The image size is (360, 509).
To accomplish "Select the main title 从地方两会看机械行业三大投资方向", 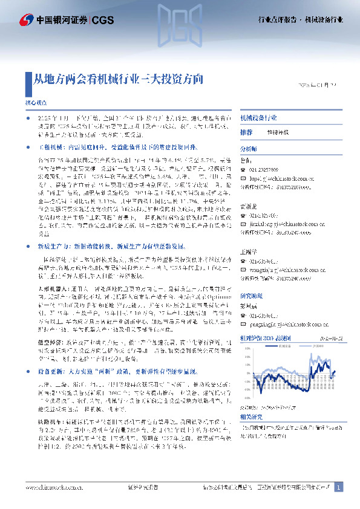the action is click(x=117, y=80).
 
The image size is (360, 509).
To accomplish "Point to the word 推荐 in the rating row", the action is click(x=246, y=132).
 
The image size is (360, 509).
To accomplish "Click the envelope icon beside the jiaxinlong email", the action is click(x=244, y=213).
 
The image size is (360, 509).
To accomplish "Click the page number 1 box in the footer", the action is click(x=339, y=487).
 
